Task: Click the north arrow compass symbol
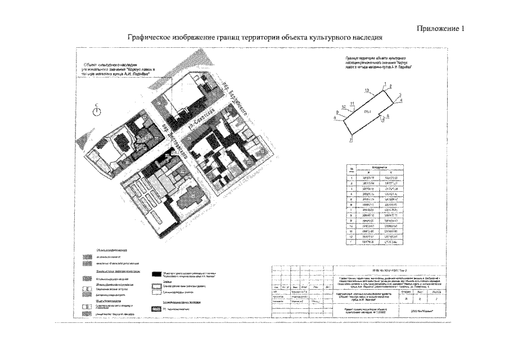tap(97, 111)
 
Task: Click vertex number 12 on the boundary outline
tap(366, 91)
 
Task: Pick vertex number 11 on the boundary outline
tap(352, 103)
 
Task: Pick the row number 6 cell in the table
tap(352, 204)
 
